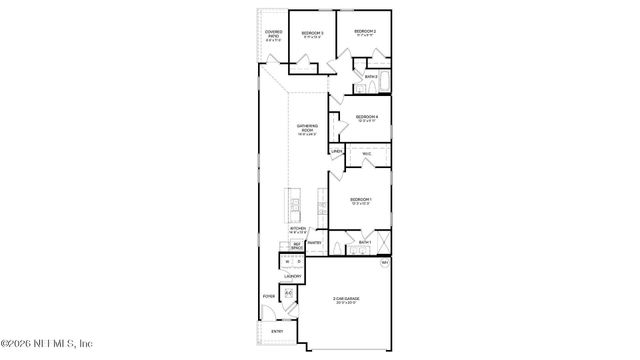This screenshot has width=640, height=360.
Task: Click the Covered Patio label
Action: click(x=274, y=34)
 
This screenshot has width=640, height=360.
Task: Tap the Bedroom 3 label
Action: click(x=312, y=34)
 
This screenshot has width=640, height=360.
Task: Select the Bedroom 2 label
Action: click(x=364, y=32)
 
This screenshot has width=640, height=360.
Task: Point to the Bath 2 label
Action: click(x=370, y=76)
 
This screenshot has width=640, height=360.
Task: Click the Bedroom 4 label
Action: click(x=366, y=118)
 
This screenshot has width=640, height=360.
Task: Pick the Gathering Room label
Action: click(x=306, y=128)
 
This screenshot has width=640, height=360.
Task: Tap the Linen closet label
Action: click(x=337, y=152)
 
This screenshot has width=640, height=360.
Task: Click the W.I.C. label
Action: click(x=366, y=154)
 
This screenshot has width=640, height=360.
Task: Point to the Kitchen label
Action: click(x=298, y=229)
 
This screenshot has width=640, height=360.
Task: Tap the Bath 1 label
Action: click(x=365, y=243)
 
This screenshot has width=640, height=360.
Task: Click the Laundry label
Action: click(x=293, y=276)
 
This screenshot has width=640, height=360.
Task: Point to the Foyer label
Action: click(x=269, y=296)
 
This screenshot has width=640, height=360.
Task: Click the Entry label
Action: click(x=276, y=330)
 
